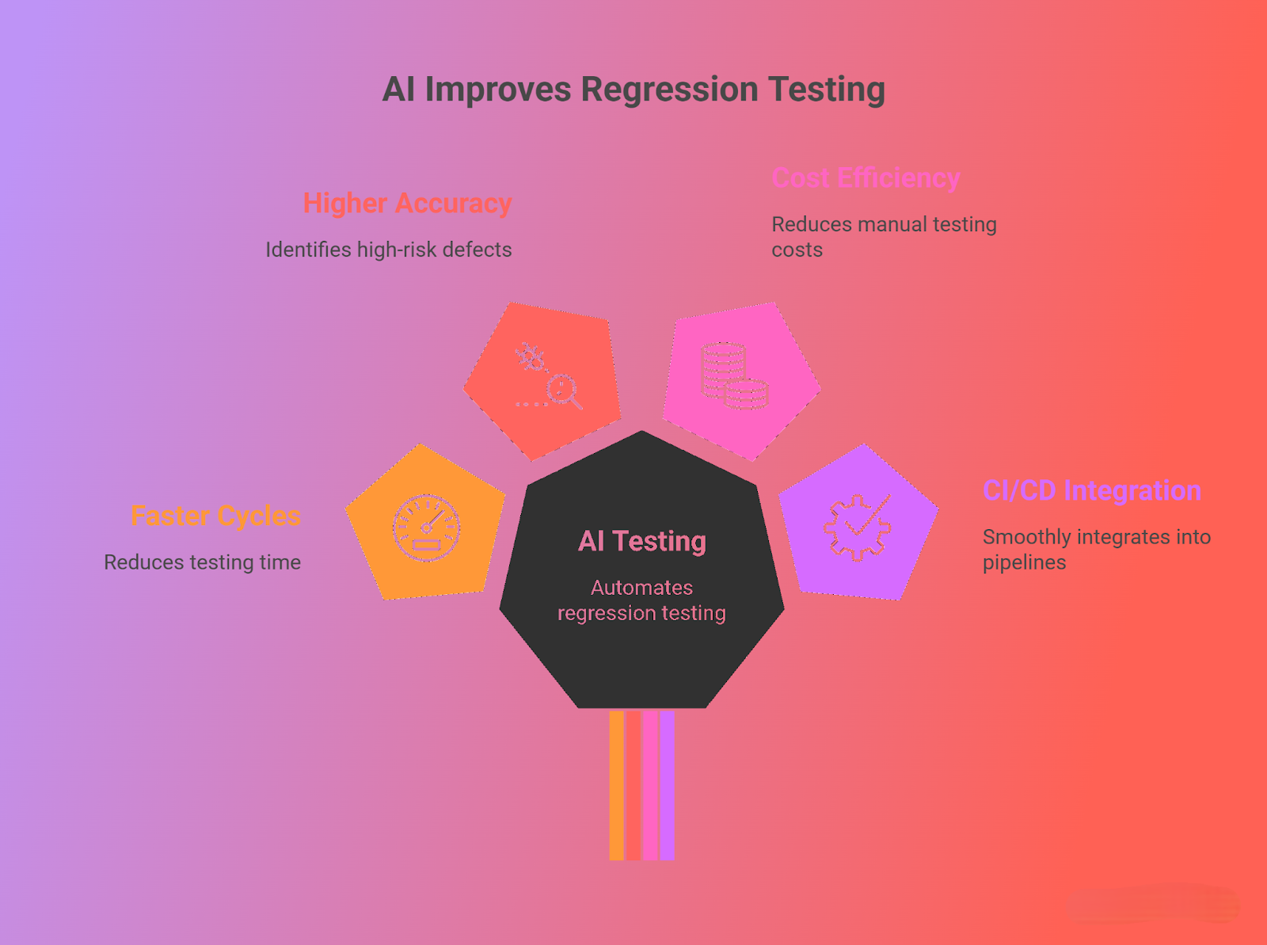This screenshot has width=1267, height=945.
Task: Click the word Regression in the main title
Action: pos(669,90)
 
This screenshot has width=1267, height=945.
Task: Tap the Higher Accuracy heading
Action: pos(408,204)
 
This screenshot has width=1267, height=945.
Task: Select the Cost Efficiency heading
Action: pos(866,177)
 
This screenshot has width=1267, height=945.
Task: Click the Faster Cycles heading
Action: pos(216,516)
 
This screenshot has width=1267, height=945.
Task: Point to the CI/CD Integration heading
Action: pos(1092,490)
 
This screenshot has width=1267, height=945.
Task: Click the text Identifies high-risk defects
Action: pos(389,250)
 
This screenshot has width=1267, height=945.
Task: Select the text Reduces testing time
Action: pos(202,562)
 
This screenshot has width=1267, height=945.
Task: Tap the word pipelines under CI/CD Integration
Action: pos(1024,563)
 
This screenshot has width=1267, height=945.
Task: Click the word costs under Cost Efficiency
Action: pos(797,250)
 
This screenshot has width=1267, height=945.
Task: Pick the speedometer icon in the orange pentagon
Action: pos(427,528)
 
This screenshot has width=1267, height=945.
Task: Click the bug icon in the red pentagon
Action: pos(531,356)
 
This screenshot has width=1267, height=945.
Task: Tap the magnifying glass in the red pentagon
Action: pos(564,392)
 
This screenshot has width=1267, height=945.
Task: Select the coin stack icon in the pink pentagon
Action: pos(734,375)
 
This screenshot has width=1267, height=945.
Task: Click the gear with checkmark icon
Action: pos(857,528)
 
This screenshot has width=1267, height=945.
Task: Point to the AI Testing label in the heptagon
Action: pos(642,542)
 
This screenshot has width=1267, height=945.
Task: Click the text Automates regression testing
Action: pos(642,600)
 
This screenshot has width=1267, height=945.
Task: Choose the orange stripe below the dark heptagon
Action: pos(616,786)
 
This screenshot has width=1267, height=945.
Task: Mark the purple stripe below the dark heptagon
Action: pos(668,786)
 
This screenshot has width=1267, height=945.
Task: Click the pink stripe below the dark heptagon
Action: pos(651,786)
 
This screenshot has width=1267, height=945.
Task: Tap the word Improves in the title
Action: pos(498,90)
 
